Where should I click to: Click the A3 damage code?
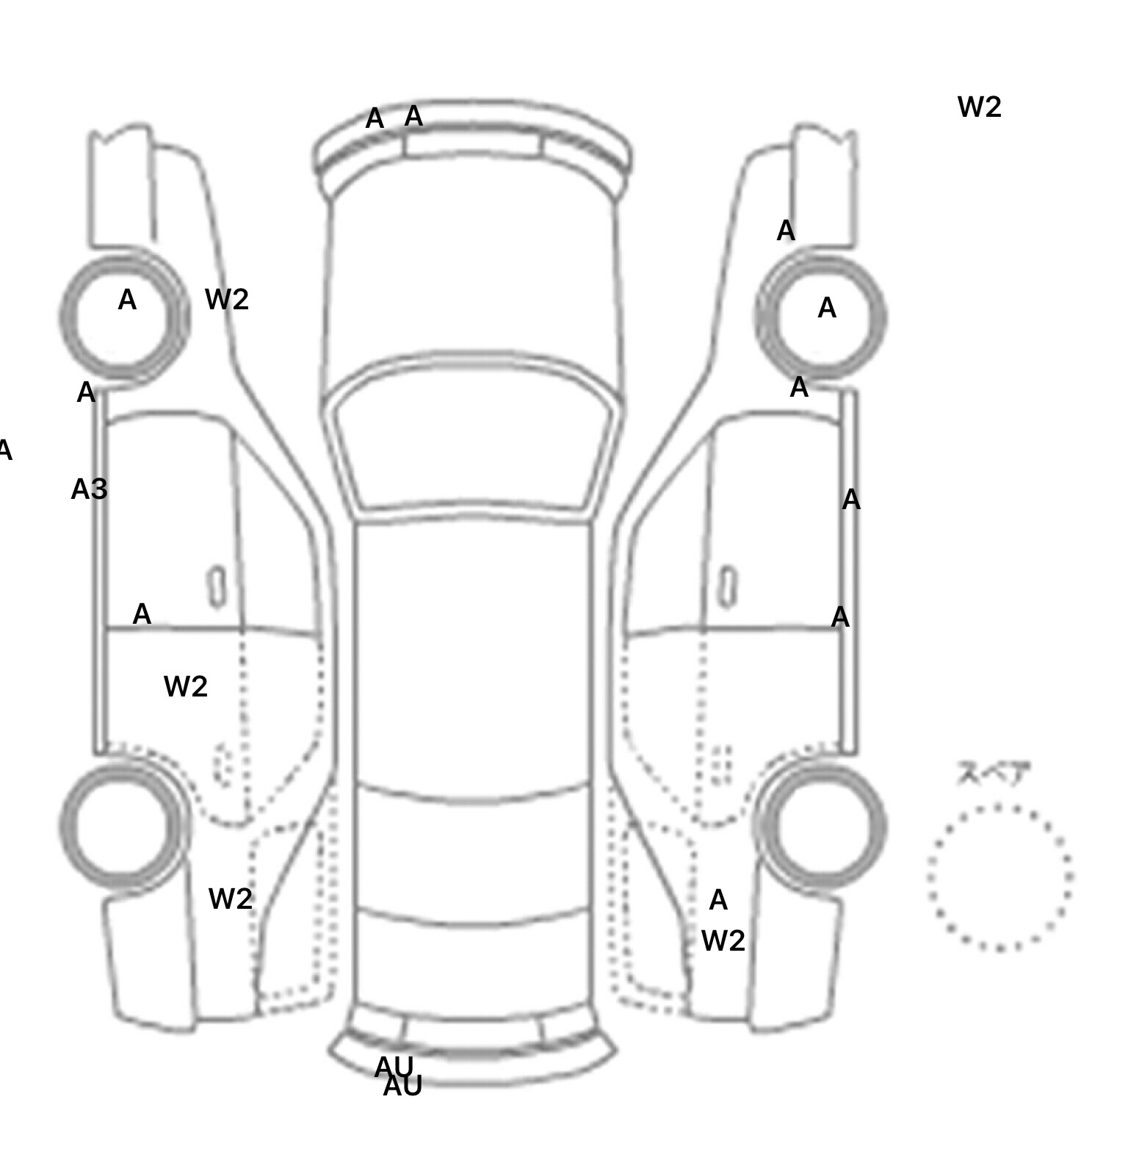tap(90, 489)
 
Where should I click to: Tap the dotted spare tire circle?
tap(999, 877)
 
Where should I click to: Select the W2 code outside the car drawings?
tap(979, 107)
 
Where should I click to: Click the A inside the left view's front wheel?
tap(127, 300)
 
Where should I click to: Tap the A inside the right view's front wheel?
tap(827, 308)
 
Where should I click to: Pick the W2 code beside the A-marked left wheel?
tap(227, 299)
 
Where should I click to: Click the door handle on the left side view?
tap(217, 587)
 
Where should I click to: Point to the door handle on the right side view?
tap(727, 587)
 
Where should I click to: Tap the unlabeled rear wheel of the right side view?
tap(822, 826)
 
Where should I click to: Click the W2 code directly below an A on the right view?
tap(723, 940)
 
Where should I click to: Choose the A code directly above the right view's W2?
tap(718, 900)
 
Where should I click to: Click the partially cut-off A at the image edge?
tap(4, 450)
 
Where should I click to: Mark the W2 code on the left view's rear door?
tap(186, 687)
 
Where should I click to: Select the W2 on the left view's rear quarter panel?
tap(231, 899)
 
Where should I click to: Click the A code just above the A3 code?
tap(86, 393)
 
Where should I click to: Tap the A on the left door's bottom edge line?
tap(142, 614)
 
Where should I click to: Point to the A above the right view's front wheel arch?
tap(786, 231)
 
